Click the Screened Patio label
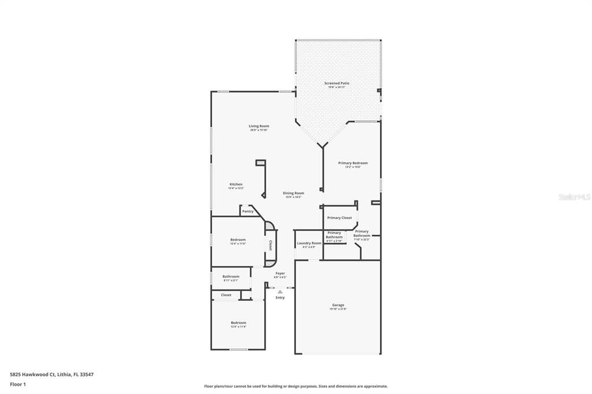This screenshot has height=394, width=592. click(x=336, y=83)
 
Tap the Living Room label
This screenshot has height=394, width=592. click(x=259, y=126)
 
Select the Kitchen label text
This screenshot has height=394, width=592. click(x=236, y=184)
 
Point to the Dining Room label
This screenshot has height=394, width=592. click(x=294, y=193)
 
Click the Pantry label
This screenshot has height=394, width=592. click(x=247, y=211)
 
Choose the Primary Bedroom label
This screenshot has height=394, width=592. click(x=353, y=163)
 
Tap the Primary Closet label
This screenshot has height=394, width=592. click(x=339, y=218)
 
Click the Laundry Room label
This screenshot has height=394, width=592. click(x=309, y=243)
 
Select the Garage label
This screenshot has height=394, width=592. click(x=338, y=305)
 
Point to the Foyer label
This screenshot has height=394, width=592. click(x=280, y=273)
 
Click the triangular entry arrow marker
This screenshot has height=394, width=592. click(x=280, y=292)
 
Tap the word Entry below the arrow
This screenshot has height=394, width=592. click(x=280, y=298)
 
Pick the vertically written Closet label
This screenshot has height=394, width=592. click(x=270, y=245)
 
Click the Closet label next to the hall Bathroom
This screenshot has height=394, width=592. click(x=226, y=295)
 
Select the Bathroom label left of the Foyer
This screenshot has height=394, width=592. click(x=231, y=276)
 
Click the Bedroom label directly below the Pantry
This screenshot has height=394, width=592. click(x=238, y=240)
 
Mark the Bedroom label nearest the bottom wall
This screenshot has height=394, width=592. click(x=238, y=322)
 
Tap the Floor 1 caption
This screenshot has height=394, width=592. click(x=18, y=384)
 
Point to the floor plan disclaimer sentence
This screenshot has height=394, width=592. click(x=295, y=386)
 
